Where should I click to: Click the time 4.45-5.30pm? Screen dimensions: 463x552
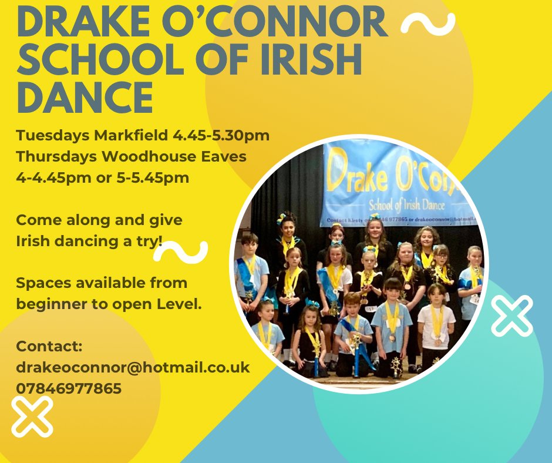click(221, 136)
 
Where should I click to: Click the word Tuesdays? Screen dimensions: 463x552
click(53, 136)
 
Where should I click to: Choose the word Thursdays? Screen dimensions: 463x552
click(56, 156)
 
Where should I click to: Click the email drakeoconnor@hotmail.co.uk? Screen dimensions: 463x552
click(133, 367)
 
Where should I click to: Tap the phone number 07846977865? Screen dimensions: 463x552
click(69, 388)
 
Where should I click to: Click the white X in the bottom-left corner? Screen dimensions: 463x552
click(32, 416)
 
